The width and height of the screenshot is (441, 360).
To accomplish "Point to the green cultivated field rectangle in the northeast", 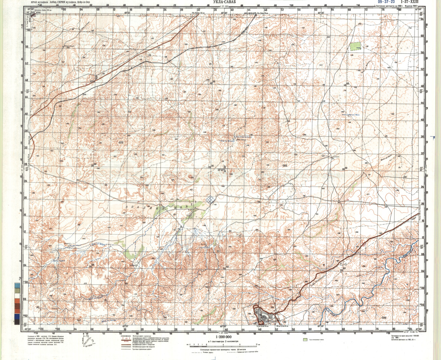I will pos(355,47).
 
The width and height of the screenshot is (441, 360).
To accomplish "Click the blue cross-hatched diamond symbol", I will pos(210,199).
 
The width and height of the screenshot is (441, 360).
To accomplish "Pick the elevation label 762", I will pos(78,321).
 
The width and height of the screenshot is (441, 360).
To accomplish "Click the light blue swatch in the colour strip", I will pos(17,285).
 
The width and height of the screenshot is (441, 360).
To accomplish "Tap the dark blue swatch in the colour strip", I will pos(17,316).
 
